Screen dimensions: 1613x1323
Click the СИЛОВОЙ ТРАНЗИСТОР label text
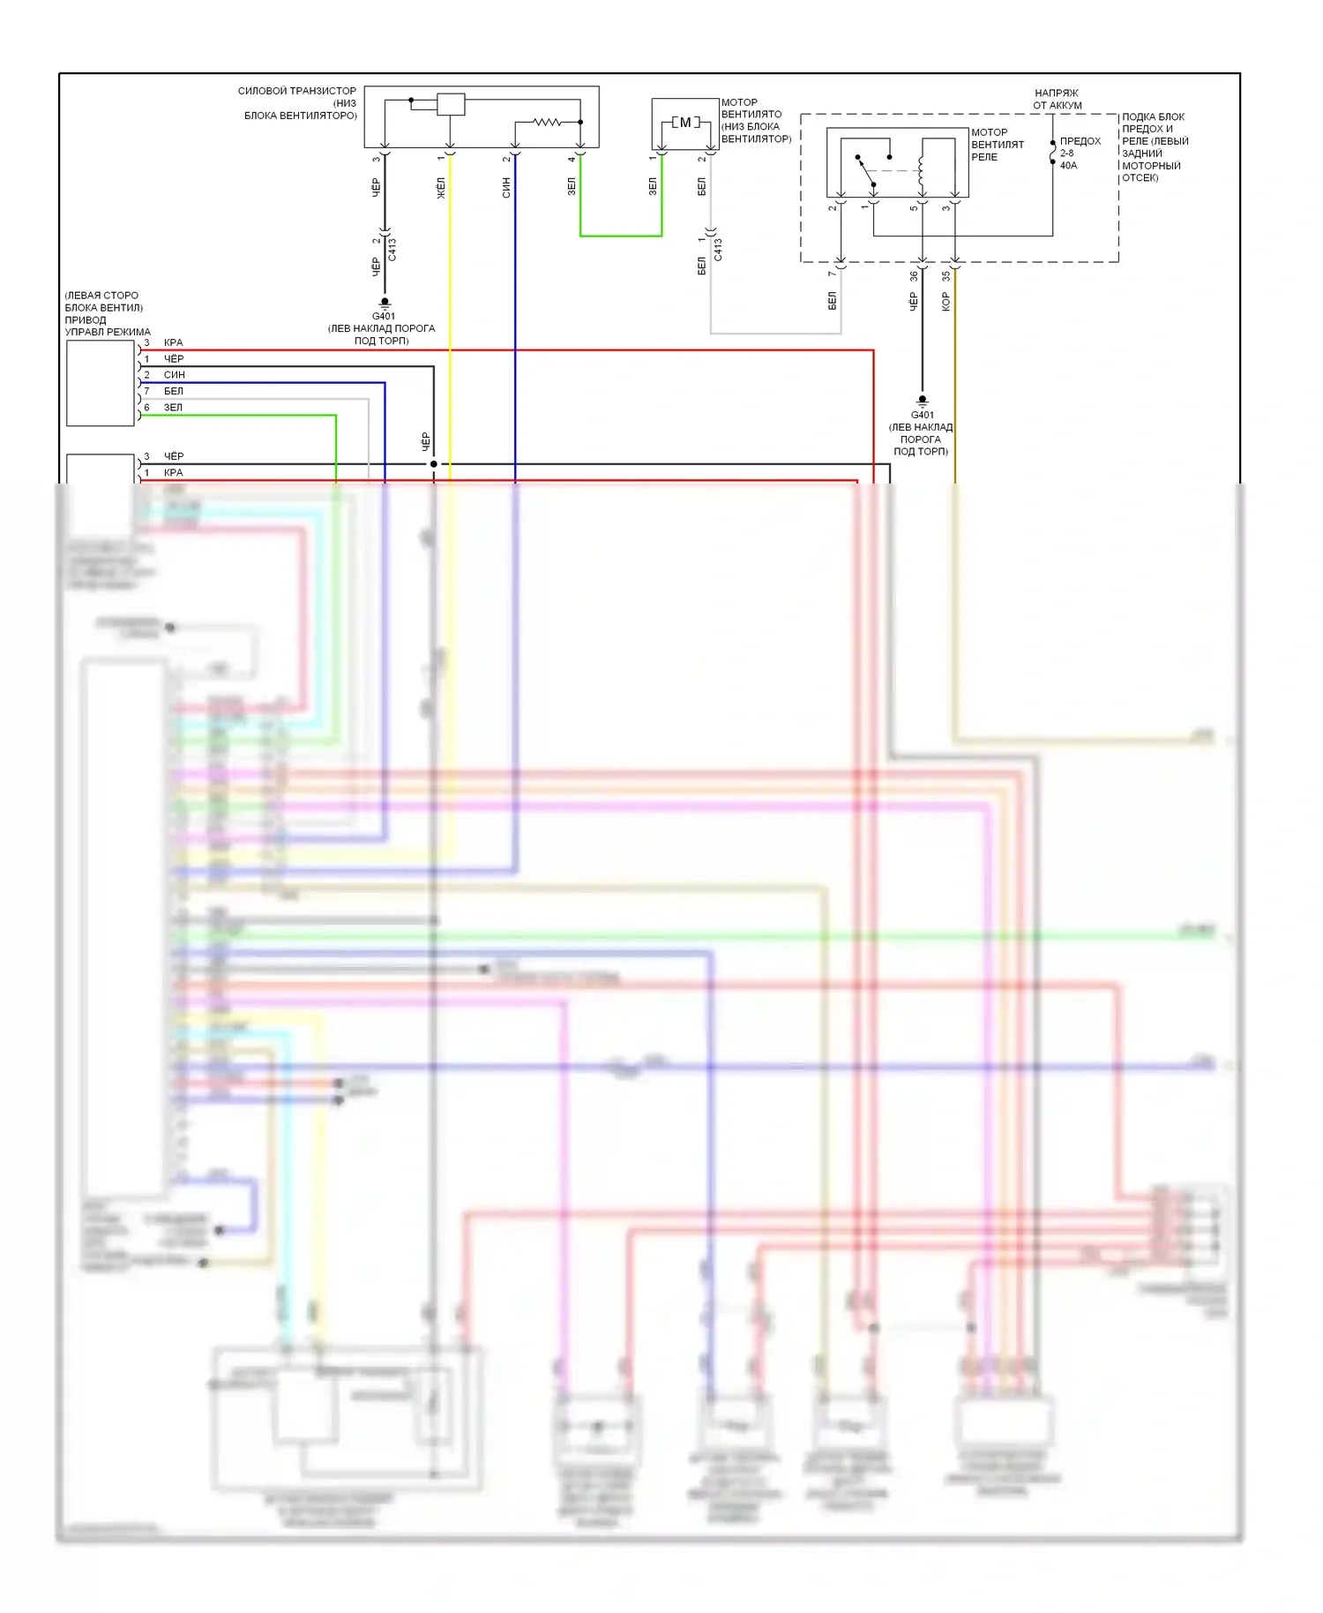(x=297, y=91)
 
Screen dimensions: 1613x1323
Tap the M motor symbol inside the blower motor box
(x=685, y=123)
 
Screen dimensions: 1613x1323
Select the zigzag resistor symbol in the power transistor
(x=547, y=122)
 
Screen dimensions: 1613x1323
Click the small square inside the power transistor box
(x=451, y=104)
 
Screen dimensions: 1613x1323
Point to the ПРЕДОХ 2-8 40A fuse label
(x=1080, y=154)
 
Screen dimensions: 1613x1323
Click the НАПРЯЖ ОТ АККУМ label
(x=1057, y=99)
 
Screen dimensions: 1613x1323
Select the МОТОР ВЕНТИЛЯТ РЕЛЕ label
(x=997, y=145)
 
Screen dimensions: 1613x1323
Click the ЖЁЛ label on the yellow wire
(x=441, y=188)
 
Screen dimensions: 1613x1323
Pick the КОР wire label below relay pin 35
(x=946, y=303)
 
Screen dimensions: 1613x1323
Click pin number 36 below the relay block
(x=914, y=276)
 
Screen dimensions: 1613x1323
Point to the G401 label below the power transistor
(x=384, y=316)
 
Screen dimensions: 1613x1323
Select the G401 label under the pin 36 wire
(x=922, y=415)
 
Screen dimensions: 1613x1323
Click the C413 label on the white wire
(x=718, y=250)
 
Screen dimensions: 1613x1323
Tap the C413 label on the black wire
(x=392, y=250)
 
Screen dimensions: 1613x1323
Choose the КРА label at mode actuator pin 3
(x=173, y=342)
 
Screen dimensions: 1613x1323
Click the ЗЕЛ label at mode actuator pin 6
(x=173, y=408)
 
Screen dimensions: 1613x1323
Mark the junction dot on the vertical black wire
(x=433, y=464)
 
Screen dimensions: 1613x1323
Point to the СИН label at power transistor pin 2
(x=506, y=187)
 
